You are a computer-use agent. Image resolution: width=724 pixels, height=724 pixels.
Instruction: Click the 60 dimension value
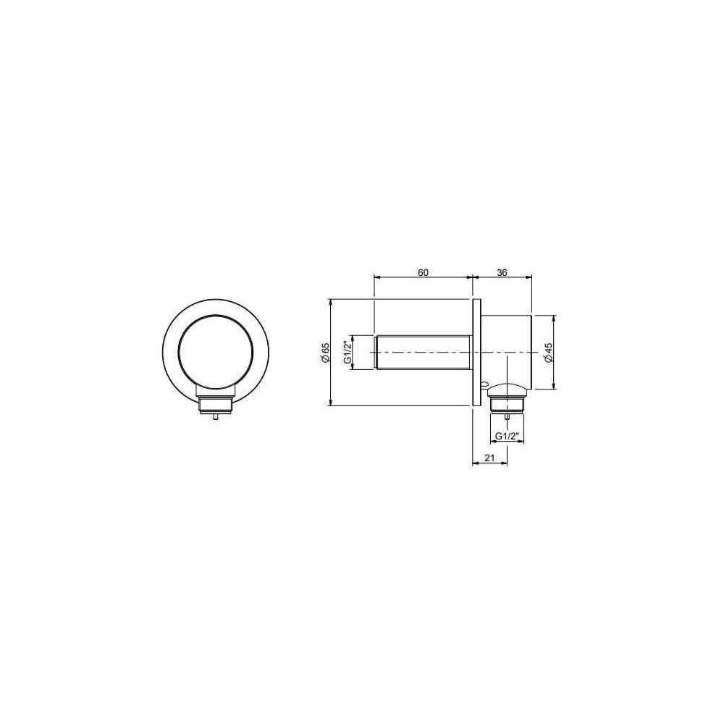423,272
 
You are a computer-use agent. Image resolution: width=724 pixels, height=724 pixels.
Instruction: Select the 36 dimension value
502,272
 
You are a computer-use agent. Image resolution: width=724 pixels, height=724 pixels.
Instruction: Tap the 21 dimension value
490,458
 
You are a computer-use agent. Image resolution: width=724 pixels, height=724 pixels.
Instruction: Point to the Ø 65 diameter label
325,353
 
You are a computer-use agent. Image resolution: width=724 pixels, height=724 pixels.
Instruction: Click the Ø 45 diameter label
548,353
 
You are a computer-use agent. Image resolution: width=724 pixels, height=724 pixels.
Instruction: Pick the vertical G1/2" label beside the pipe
349,353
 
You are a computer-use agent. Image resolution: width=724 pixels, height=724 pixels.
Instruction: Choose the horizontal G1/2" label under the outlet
508,436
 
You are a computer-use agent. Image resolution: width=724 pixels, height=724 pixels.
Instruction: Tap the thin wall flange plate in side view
476,353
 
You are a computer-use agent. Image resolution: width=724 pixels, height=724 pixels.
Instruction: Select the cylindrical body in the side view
507,353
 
